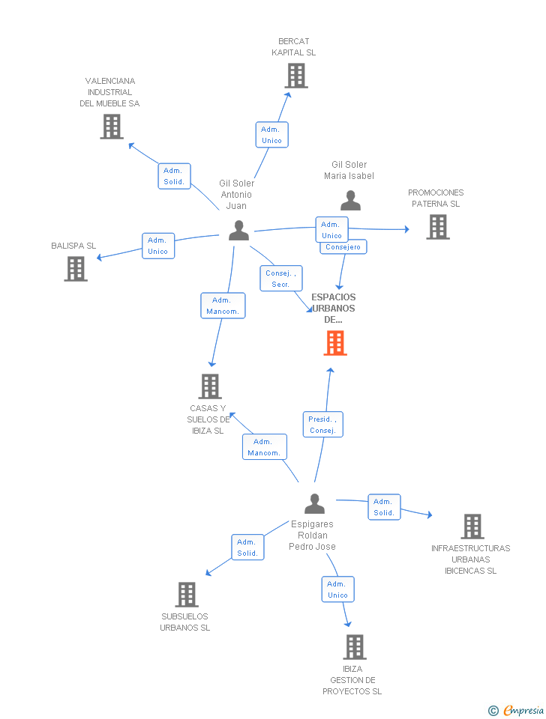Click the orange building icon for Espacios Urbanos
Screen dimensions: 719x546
(335, 342)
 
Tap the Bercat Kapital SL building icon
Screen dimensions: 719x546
(296, 76)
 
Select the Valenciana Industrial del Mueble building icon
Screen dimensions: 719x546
(112, 127)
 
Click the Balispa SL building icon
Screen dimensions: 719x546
(76, 268)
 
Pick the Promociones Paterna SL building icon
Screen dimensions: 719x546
(438, 227)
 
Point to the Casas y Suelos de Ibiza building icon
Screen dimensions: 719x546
(210, 386)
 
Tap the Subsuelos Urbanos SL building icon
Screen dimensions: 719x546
(187, 595)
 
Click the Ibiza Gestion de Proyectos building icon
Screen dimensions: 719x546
(355, 647)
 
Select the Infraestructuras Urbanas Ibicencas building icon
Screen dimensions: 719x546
(472, 527)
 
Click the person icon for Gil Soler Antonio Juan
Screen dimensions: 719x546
(238, 231)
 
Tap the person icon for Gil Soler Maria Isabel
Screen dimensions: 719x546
(350, 201)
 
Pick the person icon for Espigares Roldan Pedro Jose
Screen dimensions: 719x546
(315, 503)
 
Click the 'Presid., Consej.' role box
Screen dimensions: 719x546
(322, 425)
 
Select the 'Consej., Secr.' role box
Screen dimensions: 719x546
(281, 279)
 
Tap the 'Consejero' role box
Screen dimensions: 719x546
(343, 247)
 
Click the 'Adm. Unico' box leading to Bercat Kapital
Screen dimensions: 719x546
(271, 135)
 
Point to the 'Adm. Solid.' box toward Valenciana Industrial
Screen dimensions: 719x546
(174, 176)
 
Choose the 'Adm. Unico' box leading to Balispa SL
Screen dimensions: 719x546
(157, 246)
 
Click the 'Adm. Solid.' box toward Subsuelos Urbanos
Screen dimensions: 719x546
(247, 547)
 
